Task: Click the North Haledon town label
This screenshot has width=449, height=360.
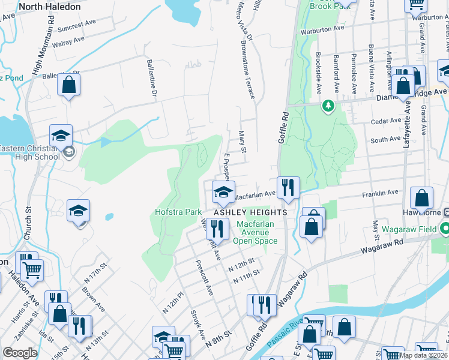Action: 49,7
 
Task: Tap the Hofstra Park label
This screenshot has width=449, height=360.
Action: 178,212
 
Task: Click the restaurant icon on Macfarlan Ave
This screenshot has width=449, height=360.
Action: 288,188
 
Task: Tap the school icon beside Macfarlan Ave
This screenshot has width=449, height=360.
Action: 223,193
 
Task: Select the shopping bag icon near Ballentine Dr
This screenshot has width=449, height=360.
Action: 69,85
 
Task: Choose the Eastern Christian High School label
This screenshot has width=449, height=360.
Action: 30,152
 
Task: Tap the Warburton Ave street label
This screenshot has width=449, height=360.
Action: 322,28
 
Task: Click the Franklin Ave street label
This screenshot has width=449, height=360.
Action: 380,194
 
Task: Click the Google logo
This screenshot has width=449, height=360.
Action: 20,353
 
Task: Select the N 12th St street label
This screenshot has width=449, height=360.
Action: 241,262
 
